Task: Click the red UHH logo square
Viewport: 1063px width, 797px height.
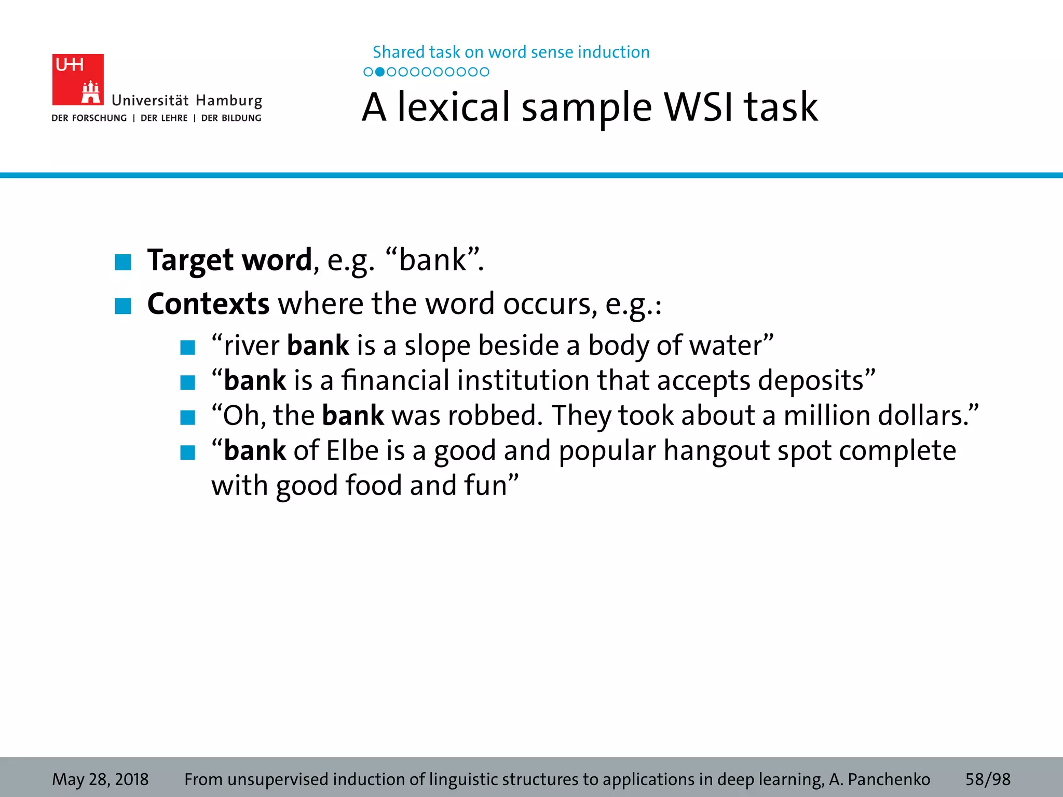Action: point(78,79)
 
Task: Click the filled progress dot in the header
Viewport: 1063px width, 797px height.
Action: point(380,72)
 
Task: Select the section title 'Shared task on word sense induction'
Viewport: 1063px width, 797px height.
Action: point(511,52)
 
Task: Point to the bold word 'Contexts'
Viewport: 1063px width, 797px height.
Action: point(208,304)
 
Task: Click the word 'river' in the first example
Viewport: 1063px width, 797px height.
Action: point(251,346)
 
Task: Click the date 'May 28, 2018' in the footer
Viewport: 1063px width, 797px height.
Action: point(100,779)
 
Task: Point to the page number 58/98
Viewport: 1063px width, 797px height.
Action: point(988,779)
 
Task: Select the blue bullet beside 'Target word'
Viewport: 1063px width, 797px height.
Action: point(123,262)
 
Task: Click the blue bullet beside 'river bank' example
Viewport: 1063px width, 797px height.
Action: point(187,348)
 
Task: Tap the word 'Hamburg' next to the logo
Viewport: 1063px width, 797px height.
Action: point(229,101)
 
